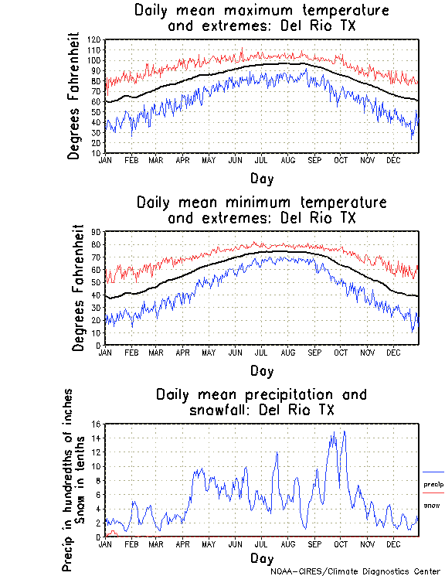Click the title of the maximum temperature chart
pyautogui.click(x=261, y=19)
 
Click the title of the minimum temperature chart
pyautogui.click(x=261, y=210)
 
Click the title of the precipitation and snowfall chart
pyautogui.click(x=261, y=402)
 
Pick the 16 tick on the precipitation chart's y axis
pyautogui.click(x=96, y=424)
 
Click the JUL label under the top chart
pyautogui.click(x=260, y=160)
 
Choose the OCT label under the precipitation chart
pyautogui.click(x=341, y=544)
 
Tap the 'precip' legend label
pyautogui.click(x=433, y=484)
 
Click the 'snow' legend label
pyautogui.click(x=431, y=506)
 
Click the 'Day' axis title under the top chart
pyautogui.click(x=261, y=179)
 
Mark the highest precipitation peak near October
pyautogui.click(x=344, y=431)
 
